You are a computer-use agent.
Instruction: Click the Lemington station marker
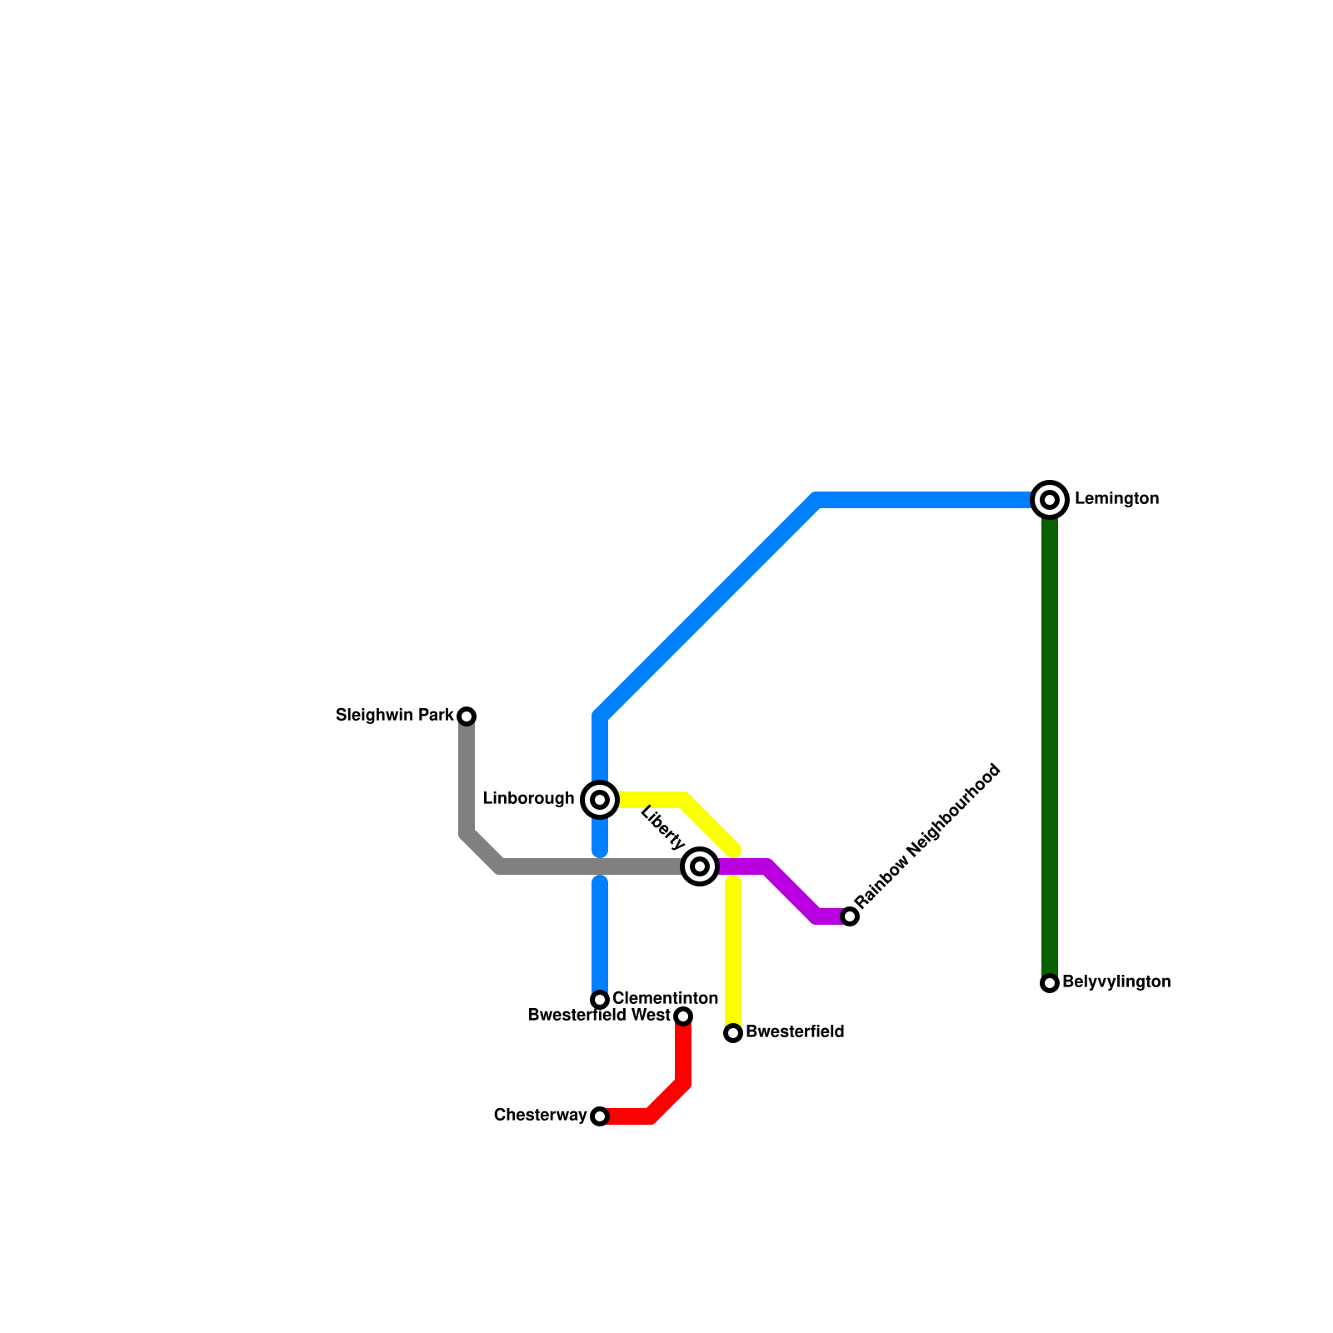point(1050,500)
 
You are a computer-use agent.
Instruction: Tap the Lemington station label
point(1116,499)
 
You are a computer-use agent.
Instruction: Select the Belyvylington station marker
point(1050,983)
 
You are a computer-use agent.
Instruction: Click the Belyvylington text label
point(1116,982)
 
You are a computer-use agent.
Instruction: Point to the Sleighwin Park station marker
point(467,716)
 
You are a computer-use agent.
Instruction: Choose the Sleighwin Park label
point(394,716)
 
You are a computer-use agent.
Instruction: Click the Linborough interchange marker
point(600,800)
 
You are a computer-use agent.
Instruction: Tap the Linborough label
point(528,799)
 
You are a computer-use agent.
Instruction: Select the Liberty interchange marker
point(700,866)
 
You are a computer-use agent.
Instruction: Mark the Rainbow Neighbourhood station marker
point(850,916)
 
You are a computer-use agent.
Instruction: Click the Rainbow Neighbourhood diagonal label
point(927,836)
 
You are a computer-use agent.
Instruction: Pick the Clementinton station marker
point(600,1000)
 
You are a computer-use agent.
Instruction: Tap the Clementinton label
point(665,999)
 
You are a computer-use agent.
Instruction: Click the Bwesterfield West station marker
point(683,1016)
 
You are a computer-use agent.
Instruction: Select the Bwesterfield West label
point(599,1016)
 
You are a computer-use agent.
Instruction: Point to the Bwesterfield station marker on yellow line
point(733,1033)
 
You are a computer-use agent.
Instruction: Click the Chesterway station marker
point(600,1116)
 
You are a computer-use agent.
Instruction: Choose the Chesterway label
point(540,1116)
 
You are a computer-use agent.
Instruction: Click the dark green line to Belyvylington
point(1050,750)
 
